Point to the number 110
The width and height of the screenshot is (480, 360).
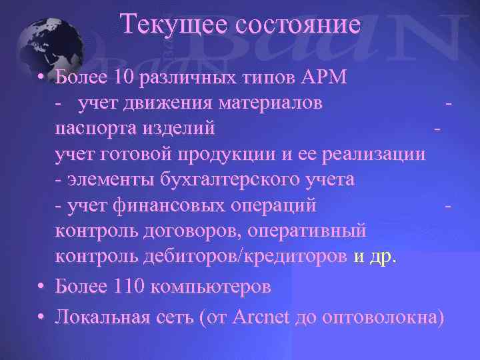[128, 287]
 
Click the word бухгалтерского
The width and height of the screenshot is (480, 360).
[232, 179]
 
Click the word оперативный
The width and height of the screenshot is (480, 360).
[311, 231]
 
